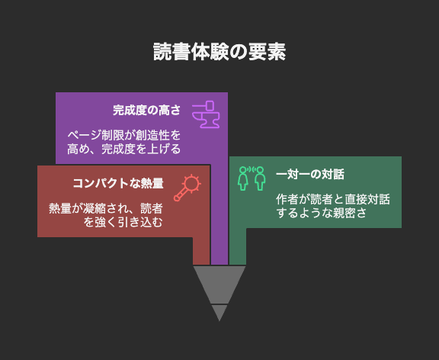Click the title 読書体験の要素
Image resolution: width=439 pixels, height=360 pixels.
[x=219, y=52]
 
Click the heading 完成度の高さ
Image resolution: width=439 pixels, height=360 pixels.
[x=146, y=110]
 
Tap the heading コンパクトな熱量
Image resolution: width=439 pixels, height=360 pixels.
[x=118, y=183]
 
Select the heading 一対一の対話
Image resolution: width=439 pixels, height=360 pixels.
[x=310, y=174]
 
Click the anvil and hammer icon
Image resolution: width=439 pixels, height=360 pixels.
[x=206, y=114]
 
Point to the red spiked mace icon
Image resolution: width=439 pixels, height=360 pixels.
[x=187, y=188]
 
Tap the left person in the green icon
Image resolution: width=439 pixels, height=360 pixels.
[x=242, y=178]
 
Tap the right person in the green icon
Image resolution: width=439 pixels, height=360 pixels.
[x=260, y=178]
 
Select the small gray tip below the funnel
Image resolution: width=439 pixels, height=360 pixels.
[x=219, y=311]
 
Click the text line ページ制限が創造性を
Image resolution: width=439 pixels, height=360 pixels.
[x=124, y=135]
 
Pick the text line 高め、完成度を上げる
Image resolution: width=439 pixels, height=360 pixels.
[x=124, y=149]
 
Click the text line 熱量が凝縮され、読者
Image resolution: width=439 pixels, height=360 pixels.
[x=106, y=208]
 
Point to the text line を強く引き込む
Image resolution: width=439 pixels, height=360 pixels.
[x=123, y=222]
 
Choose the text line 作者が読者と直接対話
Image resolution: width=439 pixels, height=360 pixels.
[x=333, y=200]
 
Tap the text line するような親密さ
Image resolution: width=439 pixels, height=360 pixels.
[x=322, y=213]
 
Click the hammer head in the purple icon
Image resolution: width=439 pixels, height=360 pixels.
[x=210, y=105]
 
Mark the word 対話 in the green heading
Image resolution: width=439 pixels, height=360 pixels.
[x=333, y=174]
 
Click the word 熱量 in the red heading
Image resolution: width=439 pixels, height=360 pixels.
[x=152, y=183]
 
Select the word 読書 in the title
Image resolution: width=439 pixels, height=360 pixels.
[x=172, y=52]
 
